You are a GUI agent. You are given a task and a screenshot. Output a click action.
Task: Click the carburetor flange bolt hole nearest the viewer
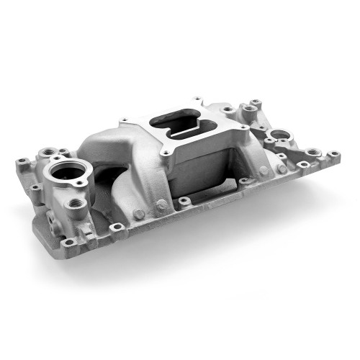pos(167,153)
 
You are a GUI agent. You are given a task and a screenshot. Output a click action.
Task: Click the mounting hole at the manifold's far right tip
pos(334,153)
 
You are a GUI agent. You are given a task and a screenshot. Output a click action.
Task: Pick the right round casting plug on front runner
pos(162,204)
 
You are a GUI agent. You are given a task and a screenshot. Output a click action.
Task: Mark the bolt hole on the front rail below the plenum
pos(185,200)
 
